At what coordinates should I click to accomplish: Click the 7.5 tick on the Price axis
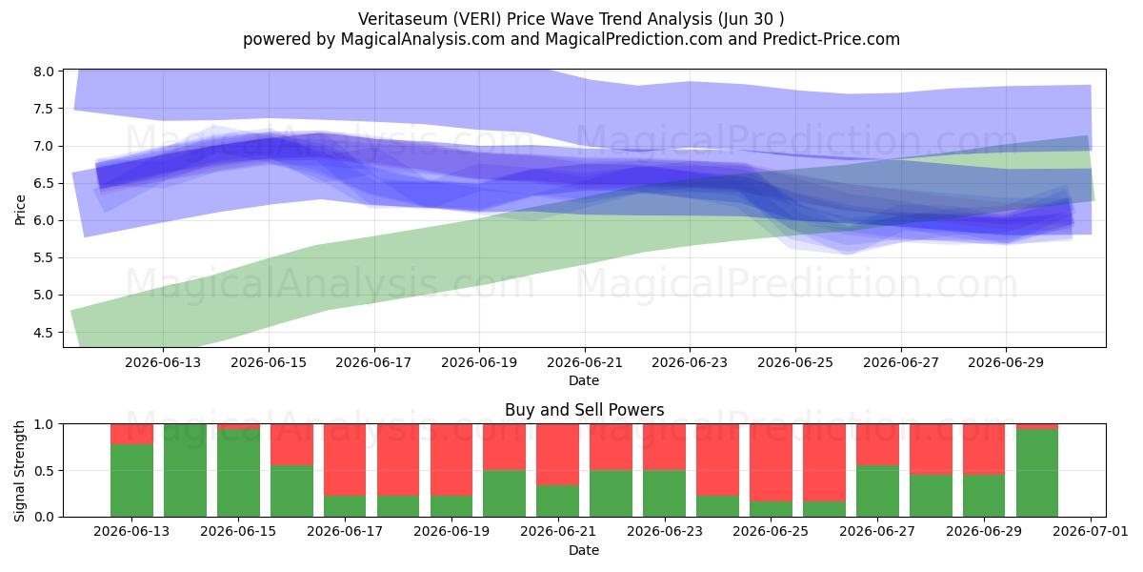coord(44,109)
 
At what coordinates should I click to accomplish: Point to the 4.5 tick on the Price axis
coord(44,333)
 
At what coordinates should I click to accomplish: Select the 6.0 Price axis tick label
coord(44,220)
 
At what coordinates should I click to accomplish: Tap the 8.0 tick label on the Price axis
coord(44,71)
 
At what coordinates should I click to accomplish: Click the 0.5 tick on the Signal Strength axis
coord(44,470)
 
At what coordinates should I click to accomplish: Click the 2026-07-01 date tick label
coord(1091,532)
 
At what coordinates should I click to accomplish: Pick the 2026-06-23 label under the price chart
coord(690,362)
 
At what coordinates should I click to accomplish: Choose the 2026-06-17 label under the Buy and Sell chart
coord(345,532)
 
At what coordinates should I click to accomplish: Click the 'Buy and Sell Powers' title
coord(584,410)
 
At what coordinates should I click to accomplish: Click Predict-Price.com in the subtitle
coord(832,39)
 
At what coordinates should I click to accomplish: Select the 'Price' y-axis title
coord(20,210)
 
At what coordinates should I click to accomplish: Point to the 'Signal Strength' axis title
coord(20,471)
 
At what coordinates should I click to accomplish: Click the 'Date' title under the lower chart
coord(584,551)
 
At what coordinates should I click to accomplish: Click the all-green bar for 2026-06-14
coord(185,470)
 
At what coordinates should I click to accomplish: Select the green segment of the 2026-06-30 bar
coord(1037,473)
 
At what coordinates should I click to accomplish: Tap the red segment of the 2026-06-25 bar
coord(771,462)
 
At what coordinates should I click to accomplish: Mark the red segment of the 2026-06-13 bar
coord(131,434)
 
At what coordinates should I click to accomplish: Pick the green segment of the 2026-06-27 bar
coord(877,491)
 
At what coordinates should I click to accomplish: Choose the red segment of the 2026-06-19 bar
coord(451,460)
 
